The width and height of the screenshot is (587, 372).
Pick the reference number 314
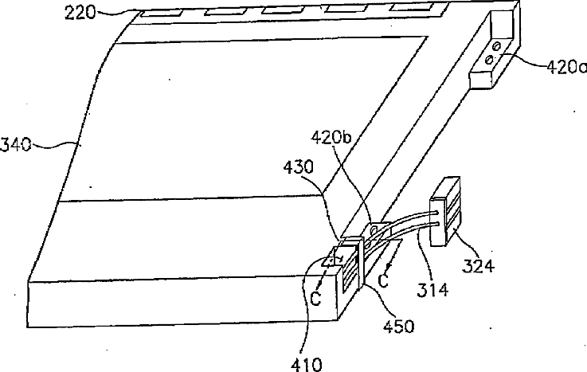[x=430, y=290]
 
